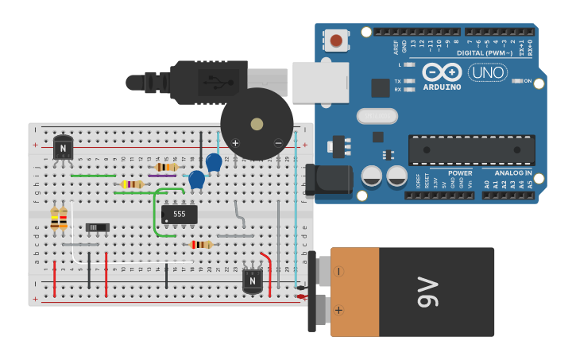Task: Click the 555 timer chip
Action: (x=180, y=215)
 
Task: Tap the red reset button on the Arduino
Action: (x=337, y=40)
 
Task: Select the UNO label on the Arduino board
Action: (x=487, y=73)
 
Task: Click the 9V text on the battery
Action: (x=427, y=292)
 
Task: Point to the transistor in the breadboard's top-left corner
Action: (x=63, y=147)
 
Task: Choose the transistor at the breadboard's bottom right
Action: (x=253, y=280)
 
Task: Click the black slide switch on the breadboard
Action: (x=97, y=227)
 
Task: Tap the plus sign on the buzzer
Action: (x=235, y=143)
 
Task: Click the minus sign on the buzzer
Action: (x=277, y=143)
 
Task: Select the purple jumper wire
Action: (x=162, y=176)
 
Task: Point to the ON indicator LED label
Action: (x=527, y=81)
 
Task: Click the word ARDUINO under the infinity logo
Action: (x=442, y=87)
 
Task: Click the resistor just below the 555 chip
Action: (x=202, y=245)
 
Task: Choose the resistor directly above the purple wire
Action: (x=165, y=167)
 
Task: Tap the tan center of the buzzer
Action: (x=257, y=124)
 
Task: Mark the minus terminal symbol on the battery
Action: (x=339, y=271)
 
